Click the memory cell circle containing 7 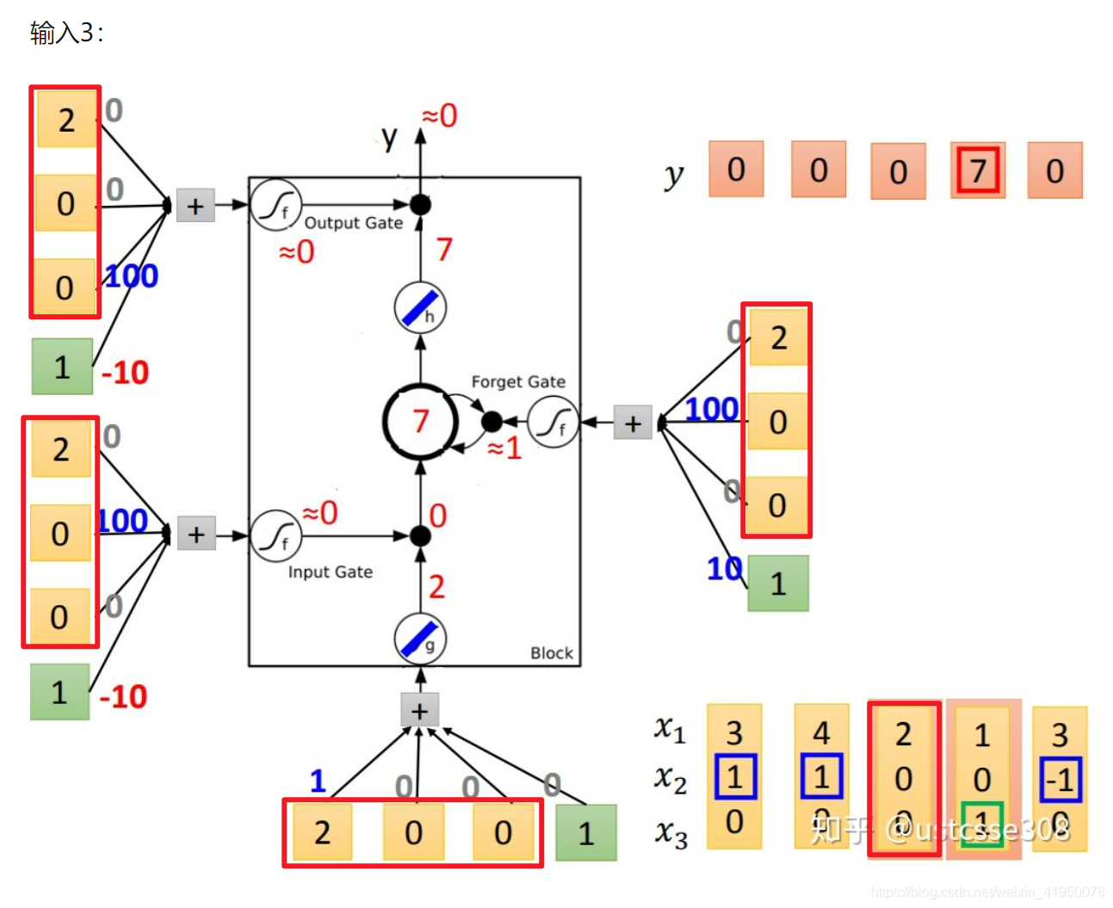419,421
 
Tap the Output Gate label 353,223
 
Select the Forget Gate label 518,381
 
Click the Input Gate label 330,572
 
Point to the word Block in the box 552,653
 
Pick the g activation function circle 420,639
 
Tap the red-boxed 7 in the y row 977,170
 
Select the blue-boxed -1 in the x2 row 1060,780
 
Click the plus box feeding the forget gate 633,423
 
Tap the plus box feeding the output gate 195,206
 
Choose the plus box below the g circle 419,711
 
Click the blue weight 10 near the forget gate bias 724,569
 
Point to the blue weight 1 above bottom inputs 318,781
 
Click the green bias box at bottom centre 585,832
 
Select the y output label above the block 390,138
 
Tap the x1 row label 670,729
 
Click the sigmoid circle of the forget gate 553,422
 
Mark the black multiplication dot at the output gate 420,205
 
